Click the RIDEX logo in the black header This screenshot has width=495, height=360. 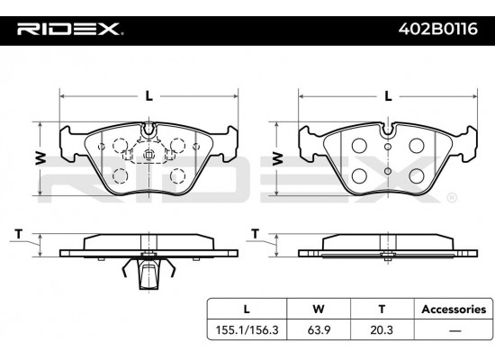69,29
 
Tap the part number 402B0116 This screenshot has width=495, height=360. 438,29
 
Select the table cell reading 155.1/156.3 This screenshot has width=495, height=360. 247,330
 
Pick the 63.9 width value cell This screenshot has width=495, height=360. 319,330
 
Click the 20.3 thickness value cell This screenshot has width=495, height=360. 382,330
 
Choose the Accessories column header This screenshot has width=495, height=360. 454,310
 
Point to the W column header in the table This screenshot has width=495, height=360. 319,309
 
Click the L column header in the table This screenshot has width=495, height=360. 247,309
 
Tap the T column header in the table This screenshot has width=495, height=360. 382,309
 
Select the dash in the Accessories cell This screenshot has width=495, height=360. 454,331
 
